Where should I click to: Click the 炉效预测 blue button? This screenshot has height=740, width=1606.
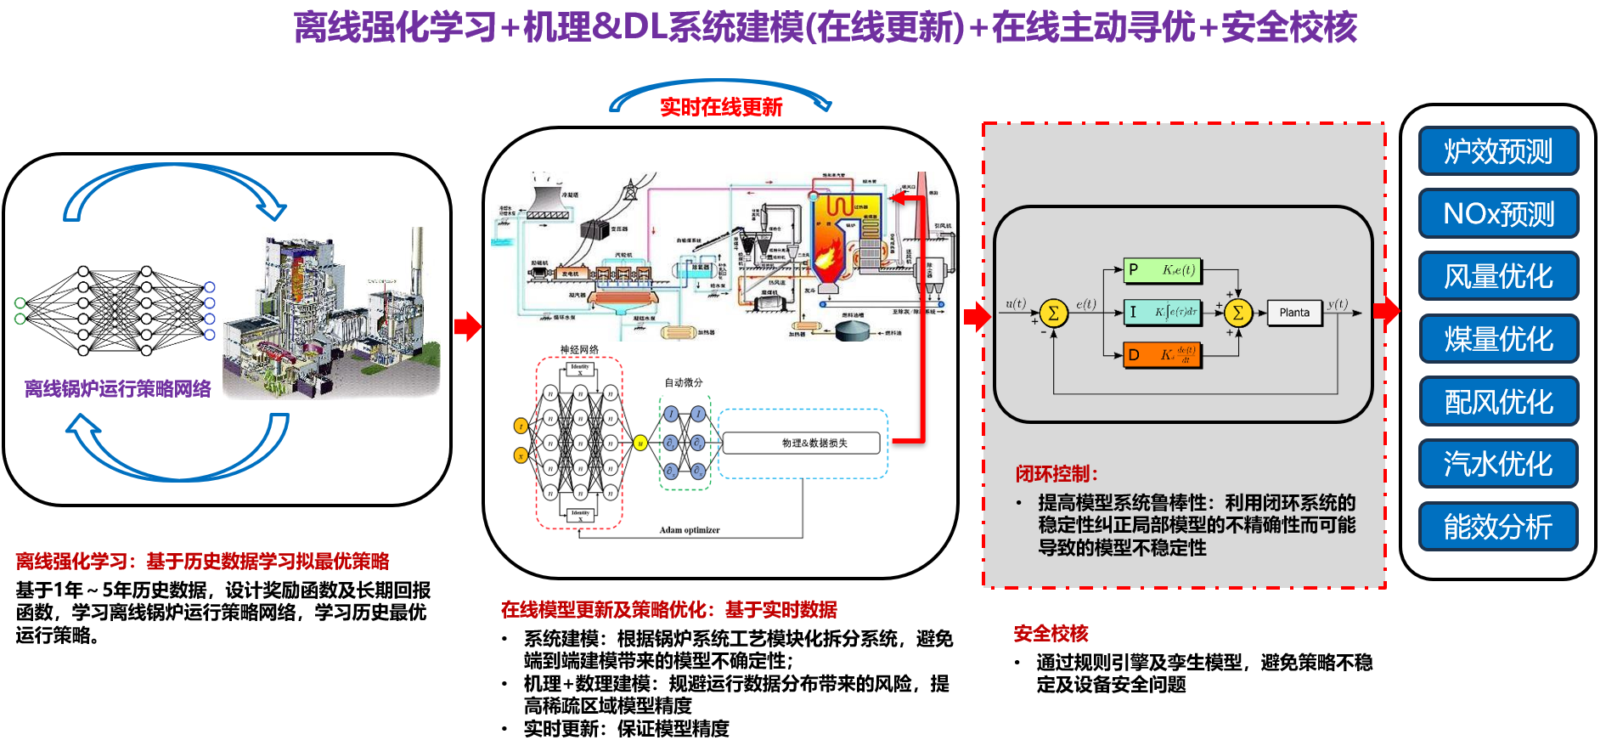pos(1498,151)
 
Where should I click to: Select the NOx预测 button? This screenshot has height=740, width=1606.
pos(1498,213)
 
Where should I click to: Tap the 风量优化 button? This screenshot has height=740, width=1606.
pos(1498,276)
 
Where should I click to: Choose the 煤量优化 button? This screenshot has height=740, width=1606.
pos(1498,339)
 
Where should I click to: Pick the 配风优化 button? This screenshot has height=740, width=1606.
pos(1498,402)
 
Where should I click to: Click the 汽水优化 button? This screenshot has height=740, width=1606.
pos(1498,464)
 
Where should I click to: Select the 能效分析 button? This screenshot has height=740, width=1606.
pos(1498,527)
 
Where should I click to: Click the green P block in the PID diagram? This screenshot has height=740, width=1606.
pos(1162,270)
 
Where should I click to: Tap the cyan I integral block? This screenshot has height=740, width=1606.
pos(1162,312)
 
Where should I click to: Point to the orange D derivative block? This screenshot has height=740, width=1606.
pos(1162,354)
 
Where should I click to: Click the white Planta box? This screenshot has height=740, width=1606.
pos(1294,313)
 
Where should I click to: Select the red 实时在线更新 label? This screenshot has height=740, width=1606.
pos(721,107)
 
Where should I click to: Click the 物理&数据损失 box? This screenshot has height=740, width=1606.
pos(801,443)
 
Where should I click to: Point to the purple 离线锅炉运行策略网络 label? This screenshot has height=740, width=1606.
pos(117,389)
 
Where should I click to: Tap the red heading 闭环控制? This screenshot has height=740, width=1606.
pos(1057,474)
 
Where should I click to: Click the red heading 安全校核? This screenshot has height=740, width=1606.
pos(1051,634)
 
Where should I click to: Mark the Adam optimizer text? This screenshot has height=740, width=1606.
pos(689,530)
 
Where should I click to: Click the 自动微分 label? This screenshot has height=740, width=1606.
pos(684,382)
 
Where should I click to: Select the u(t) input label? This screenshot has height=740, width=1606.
pos(1016,303)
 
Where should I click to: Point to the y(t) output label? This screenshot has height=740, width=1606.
pos(1338,303)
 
